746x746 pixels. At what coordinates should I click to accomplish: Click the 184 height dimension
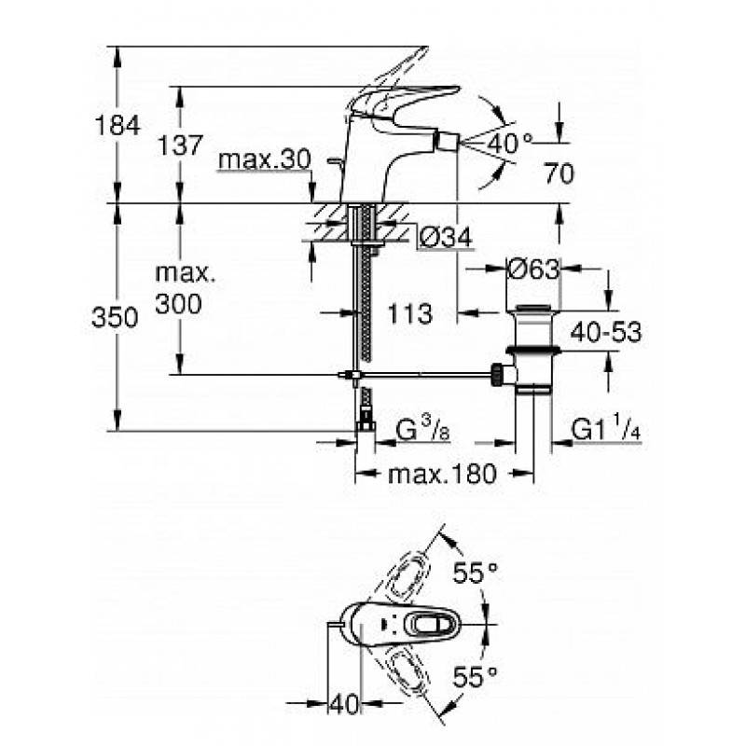tap(117, 126)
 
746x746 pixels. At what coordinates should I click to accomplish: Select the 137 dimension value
tap(180, 145)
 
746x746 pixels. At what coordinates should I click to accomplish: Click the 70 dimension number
tap(559, 173)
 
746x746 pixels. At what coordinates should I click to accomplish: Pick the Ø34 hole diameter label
tap(446, 237)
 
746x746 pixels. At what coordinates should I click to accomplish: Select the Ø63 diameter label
tap(533, 269)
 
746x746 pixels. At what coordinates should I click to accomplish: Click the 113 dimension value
tap(409, 313)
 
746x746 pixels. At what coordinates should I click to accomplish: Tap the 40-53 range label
tap(605, 332)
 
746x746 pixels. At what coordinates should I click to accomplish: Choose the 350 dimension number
tap(115, 317)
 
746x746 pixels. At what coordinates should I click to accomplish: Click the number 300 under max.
tap(179, 303)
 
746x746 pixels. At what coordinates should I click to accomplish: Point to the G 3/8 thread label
tap(422, 431)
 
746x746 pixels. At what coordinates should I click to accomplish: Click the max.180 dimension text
tap(442, 474)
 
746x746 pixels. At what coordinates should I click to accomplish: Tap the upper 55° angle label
tap(475, 573)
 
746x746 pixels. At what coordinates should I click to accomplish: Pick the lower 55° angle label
tap(475, 676)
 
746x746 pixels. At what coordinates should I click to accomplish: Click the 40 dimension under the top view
tap(344, 704)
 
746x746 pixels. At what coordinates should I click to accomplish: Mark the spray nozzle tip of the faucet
tap(449, 142)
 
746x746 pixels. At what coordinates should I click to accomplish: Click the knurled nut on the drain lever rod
tap(498, 376)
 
